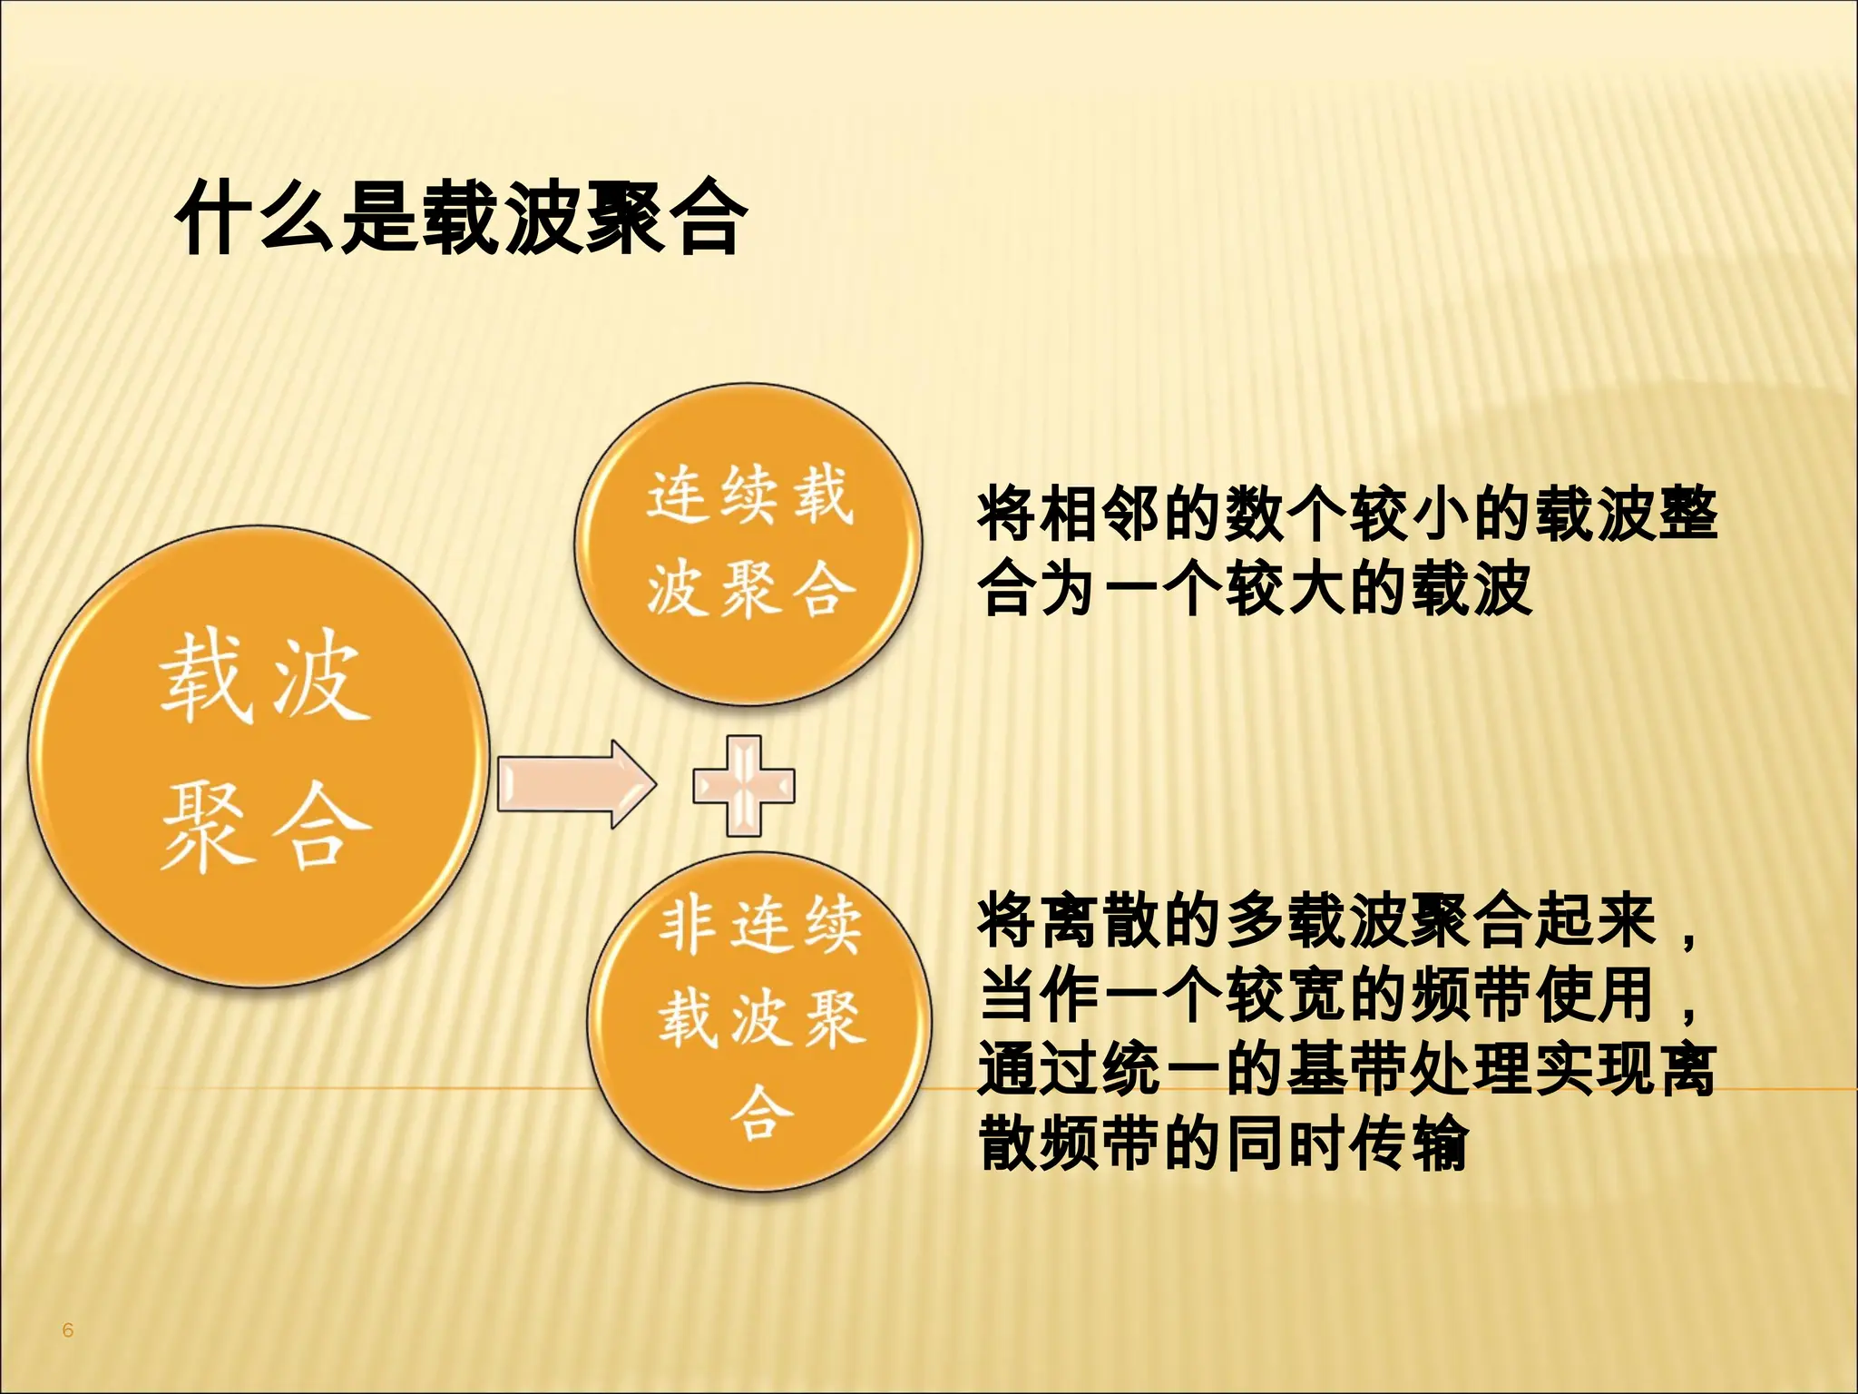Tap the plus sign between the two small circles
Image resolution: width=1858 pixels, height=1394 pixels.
pyautogui.click(x=744, y=785)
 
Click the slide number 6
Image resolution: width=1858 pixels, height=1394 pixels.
pyautogui.click(x=67, y=1330)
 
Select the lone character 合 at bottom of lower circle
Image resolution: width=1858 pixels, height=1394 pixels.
pyautogui.click(x=761, y=1111)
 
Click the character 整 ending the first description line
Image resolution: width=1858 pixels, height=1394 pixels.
pyautogui.click(x=1687, y=515)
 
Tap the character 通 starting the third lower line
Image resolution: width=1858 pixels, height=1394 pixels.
pyautogui.click(x=1008, y=1070)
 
